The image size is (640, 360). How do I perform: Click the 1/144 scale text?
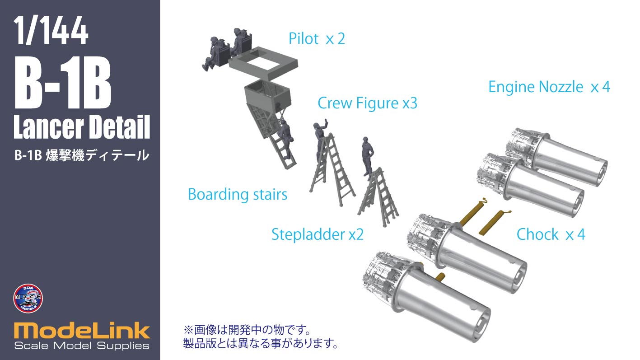51,30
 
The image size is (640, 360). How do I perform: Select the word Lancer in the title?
48,127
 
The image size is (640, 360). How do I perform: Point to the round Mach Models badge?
28,298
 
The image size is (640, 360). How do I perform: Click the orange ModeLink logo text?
82,331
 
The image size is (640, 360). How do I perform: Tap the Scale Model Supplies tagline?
82,346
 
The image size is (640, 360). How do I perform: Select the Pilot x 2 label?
317,38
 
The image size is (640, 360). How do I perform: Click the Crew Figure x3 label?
368,103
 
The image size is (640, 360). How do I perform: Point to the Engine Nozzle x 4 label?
549,87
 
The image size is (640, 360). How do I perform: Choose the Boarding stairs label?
238,195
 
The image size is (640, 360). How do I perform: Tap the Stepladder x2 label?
318,234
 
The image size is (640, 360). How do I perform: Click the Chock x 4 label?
551,234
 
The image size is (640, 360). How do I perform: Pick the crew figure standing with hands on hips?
367,156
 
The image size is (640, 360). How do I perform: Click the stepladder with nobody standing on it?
378,197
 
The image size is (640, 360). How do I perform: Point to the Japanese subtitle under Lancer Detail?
82,155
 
